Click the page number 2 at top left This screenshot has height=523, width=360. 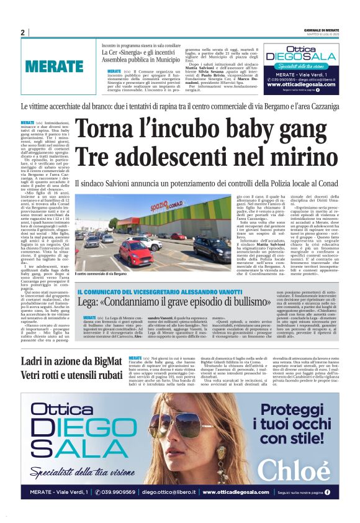tap(23, 33)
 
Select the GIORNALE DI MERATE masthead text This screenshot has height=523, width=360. tap(322, 30)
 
